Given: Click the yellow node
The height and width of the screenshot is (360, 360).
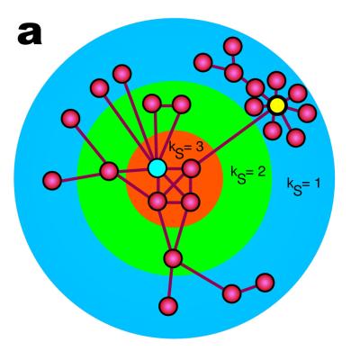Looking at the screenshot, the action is (277, 105).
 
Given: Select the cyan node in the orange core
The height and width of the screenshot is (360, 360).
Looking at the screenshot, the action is (157, 168).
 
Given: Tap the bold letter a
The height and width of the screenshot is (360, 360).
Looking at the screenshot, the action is (30, 34).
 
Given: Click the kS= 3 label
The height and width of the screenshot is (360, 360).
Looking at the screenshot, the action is (186, 149).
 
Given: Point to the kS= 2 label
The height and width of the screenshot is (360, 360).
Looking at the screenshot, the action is (247, 175).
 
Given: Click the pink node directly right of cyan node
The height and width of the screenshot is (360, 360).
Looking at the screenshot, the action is (191, 168).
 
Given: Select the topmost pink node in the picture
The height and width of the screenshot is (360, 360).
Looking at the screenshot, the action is (233, 47).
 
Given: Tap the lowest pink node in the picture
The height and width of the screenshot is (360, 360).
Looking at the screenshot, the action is (168, 306).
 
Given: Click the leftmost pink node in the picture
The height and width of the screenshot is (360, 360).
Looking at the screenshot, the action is (52, 181).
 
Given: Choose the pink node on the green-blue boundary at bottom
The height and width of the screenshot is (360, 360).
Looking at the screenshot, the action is (173, 258).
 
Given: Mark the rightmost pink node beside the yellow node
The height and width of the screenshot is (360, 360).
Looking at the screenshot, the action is (307, 113).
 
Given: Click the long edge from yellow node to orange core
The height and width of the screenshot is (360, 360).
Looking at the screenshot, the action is (234, 137).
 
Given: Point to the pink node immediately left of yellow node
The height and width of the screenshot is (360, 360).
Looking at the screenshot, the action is (255, 106).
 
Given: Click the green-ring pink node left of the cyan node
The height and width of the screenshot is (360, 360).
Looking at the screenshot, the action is (109, 171).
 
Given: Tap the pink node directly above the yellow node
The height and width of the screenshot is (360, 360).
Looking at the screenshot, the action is (276, 81).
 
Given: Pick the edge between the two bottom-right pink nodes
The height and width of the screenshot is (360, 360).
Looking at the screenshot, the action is (248, 289).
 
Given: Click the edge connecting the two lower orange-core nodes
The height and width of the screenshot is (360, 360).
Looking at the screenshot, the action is (174, 202).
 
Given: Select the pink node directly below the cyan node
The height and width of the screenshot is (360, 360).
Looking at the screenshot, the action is (157, 202).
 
